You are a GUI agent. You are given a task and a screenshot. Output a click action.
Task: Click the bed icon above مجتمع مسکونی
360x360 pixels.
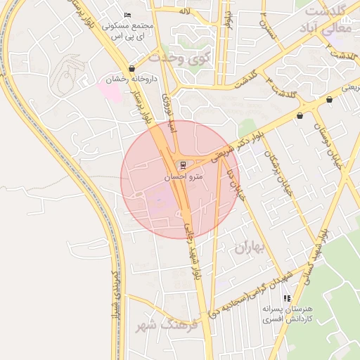pos(127,15)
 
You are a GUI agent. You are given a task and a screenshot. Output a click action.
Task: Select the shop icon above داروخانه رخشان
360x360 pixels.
pos(131,68)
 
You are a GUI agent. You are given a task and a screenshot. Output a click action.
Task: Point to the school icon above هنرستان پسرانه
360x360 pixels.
pos(286,298)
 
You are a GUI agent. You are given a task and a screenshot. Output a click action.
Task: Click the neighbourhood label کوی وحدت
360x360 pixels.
pos(180,58)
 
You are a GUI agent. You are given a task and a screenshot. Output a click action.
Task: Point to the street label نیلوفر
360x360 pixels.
pos(227,19)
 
